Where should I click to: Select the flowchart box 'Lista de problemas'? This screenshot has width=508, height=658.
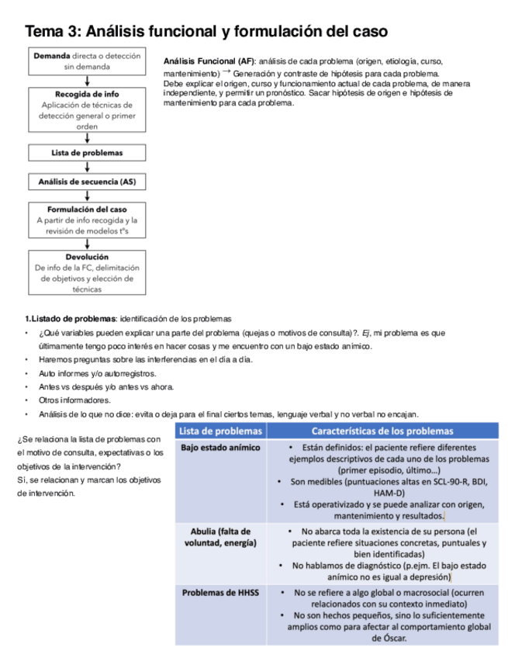[x=87, y=153]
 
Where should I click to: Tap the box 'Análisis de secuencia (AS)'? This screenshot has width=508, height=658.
[x=87, y=182]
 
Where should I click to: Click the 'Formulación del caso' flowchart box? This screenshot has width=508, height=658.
[x=87, y=220]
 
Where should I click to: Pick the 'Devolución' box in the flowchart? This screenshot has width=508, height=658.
[x=87, y=272]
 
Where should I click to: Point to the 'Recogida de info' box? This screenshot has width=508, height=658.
[x=87, y=110]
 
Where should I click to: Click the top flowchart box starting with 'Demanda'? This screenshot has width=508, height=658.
[x=87, y=62]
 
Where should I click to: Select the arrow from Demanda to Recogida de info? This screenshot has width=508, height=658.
[x=87, y=80]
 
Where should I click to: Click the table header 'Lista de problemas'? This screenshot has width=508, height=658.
[x=222, y=431]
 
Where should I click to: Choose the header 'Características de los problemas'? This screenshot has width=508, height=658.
[x=382, y=431]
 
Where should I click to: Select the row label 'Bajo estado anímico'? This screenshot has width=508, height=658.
[x=221, y=448]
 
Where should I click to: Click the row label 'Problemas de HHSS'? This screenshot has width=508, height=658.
[x=221, y=593]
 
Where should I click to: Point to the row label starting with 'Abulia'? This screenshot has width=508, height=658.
[x=221, y=537]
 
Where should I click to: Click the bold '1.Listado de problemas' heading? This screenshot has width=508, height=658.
[x=70, y=319]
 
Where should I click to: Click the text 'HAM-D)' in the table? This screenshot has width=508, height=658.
[x=388, y=493]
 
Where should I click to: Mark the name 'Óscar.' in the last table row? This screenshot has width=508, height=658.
[x=388, y=638]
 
